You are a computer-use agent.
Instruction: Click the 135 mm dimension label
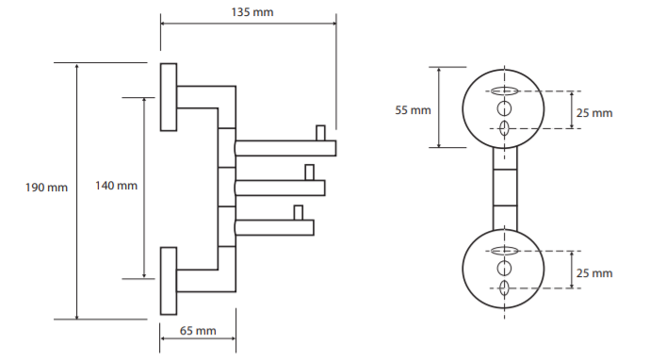252,12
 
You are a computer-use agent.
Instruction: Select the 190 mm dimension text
46,188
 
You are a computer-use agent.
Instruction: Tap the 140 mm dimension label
116,186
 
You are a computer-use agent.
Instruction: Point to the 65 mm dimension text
198,331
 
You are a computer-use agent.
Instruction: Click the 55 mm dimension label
414,110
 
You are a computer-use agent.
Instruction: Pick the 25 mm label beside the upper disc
594,113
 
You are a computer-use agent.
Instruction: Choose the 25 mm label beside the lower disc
594,273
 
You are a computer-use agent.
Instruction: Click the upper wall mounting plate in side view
169,97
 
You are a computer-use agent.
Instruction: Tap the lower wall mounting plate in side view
169,281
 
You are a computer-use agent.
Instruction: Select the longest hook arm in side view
285,148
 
